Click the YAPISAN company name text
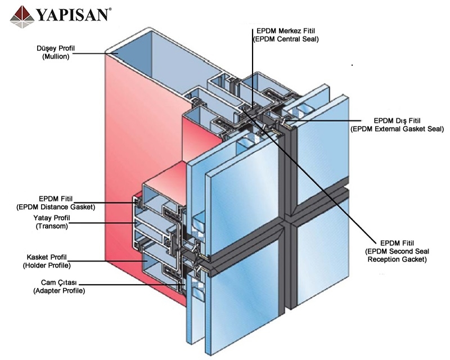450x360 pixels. pyautogui.click(x=72, y=13)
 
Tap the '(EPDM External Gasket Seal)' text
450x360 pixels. pyautogui.click(x=397, y=129)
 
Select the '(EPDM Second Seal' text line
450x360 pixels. pyautogui.click(x=397, y=251)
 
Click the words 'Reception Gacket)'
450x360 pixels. pyautogui.click(x=397, y=260)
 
